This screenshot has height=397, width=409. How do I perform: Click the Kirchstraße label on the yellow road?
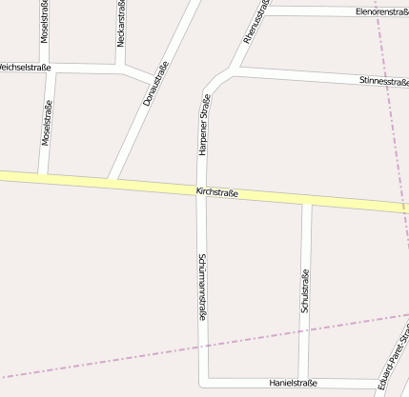(216, 193)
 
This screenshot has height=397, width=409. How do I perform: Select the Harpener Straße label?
(204, 126)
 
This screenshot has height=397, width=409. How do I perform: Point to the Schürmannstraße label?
(202, 286)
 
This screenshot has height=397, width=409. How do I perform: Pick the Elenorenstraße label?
(380, 12)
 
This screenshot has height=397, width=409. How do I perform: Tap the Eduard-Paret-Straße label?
(394, 363)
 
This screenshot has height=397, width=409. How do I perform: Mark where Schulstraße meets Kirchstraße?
(307, 202)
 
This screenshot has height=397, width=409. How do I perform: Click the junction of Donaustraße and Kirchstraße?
(112, 181)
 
